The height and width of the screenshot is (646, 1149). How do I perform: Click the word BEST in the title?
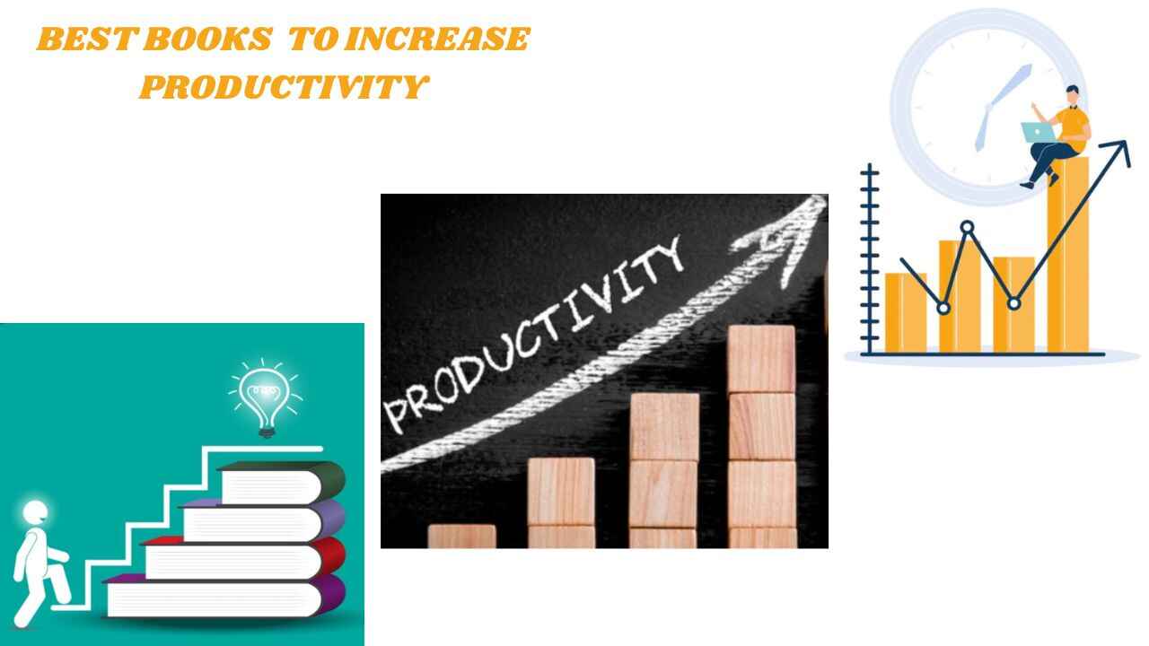(86, 40)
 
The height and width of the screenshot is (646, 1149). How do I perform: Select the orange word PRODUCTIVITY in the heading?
(284, 87)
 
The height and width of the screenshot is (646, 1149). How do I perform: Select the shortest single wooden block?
(461, 536)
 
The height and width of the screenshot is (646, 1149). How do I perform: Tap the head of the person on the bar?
(1073, 94)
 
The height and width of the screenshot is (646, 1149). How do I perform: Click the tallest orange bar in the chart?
(1067, 260)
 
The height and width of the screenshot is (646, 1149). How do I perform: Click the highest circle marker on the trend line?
(967, 228)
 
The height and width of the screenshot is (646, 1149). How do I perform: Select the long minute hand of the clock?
(1013, 86)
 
